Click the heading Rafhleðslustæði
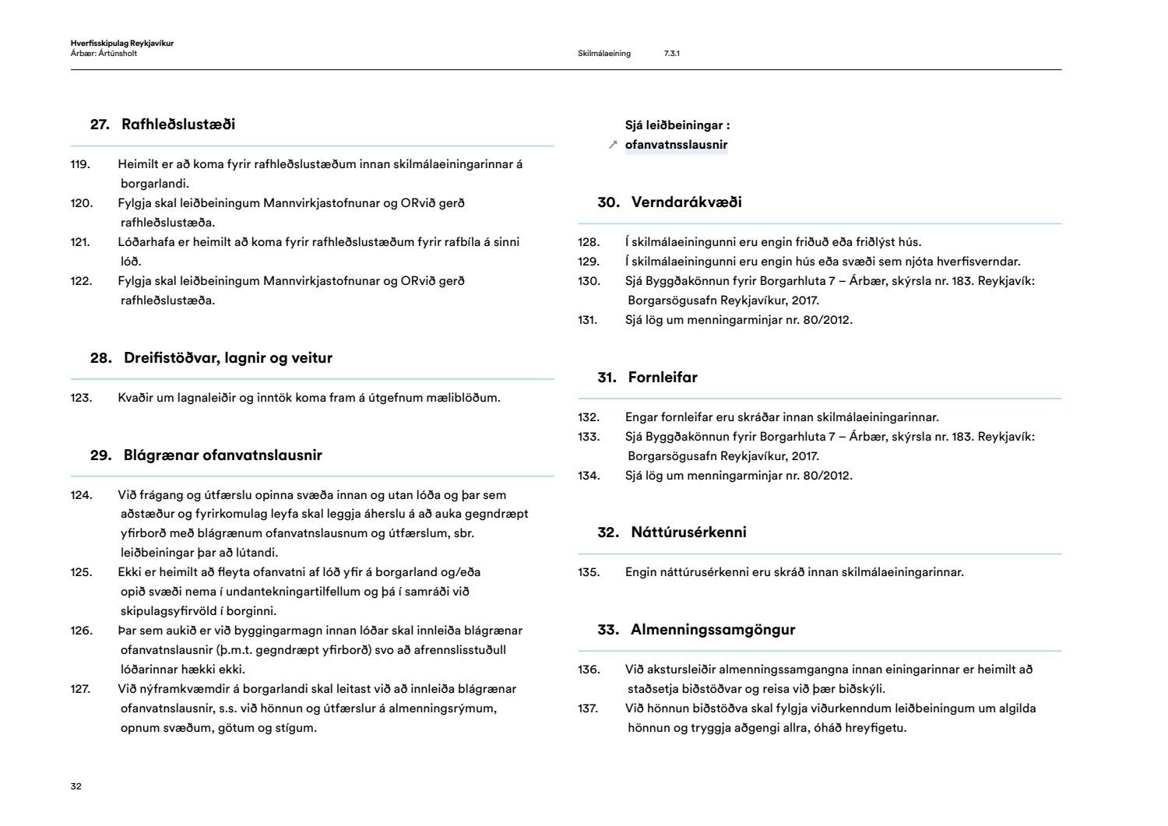pos(178,125)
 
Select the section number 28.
pos(100,358)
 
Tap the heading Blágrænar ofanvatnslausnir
pos(223,455)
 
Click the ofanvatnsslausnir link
pos(676,145)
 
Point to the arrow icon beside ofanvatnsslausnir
pos(613,145)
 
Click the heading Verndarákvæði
pos(686,202)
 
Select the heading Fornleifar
pos(663,378)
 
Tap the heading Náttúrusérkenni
pos(688,533)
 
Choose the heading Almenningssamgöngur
pos(712,630)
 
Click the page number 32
pos(76,786)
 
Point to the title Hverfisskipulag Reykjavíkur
pos(121,44)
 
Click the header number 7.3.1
pos(671,54)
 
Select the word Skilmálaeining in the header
pos(604,54)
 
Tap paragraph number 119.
pos(80,164)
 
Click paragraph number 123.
pos(81,398)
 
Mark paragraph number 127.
pos(81,689)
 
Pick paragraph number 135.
pos(589,572)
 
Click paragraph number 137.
pos(588,708)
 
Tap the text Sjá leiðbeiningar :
pos(677,125)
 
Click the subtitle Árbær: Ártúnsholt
pos(104,54)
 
